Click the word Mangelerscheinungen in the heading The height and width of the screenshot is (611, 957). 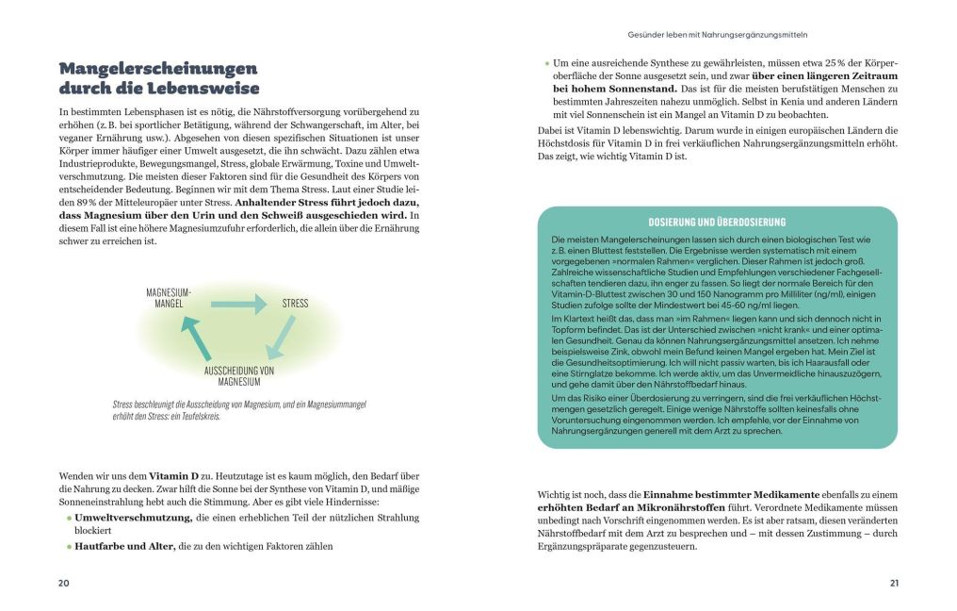point(157,70)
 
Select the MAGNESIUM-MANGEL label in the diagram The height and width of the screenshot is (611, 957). point(169,299)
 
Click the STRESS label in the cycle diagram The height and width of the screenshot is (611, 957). point(295,304)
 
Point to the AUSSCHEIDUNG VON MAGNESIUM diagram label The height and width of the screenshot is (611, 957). point(239,376)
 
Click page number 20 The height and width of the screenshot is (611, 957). point(64,583)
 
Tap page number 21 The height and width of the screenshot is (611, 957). point(894,583)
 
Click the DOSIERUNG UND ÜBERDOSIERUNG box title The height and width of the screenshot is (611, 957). point(717,222)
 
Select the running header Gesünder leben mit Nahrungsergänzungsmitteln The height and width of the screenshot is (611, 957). point(718,36)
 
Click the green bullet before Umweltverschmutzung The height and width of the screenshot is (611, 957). point(68,519)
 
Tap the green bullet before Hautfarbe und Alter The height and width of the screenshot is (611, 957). point(68,546)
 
